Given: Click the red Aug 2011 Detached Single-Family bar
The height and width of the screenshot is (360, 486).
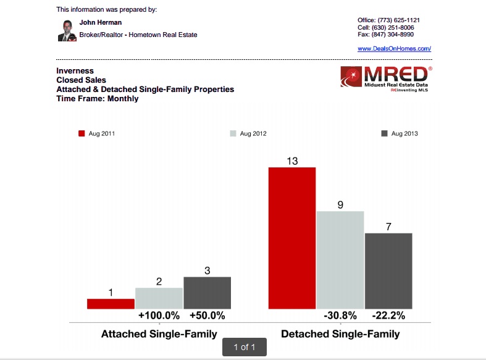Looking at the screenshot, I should (292, 238).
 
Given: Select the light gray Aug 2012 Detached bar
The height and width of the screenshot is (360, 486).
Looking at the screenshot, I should (340, 260).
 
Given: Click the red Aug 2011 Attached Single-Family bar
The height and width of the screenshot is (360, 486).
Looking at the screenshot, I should (111, 304).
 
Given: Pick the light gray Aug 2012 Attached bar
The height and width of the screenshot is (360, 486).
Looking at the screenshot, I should (159, 298).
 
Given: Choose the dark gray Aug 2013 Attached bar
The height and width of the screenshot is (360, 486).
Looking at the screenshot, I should (207, 293).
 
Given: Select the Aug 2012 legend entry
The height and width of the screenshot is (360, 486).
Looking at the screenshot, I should (248, 133).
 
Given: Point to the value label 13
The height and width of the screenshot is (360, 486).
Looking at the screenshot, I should (292, 161).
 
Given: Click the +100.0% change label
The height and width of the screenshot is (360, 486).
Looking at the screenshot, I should (159, 316).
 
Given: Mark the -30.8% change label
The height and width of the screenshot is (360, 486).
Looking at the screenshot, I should (340, 316).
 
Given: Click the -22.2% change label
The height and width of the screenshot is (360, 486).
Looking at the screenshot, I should (388, 316).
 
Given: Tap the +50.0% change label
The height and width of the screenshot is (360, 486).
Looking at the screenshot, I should (207, 316).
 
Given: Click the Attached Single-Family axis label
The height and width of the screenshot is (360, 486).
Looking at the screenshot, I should (159, 334).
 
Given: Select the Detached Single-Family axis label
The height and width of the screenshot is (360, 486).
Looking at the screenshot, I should (340, 334).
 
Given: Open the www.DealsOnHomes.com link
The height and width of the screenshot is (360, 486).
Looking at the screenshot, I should (394, 48).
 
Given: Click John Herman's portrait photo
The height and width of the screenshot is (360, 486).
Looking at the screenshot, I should (67, 30).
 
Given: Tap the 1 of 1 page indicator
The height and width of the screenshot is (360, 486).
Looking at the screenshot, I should (245, 347).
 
